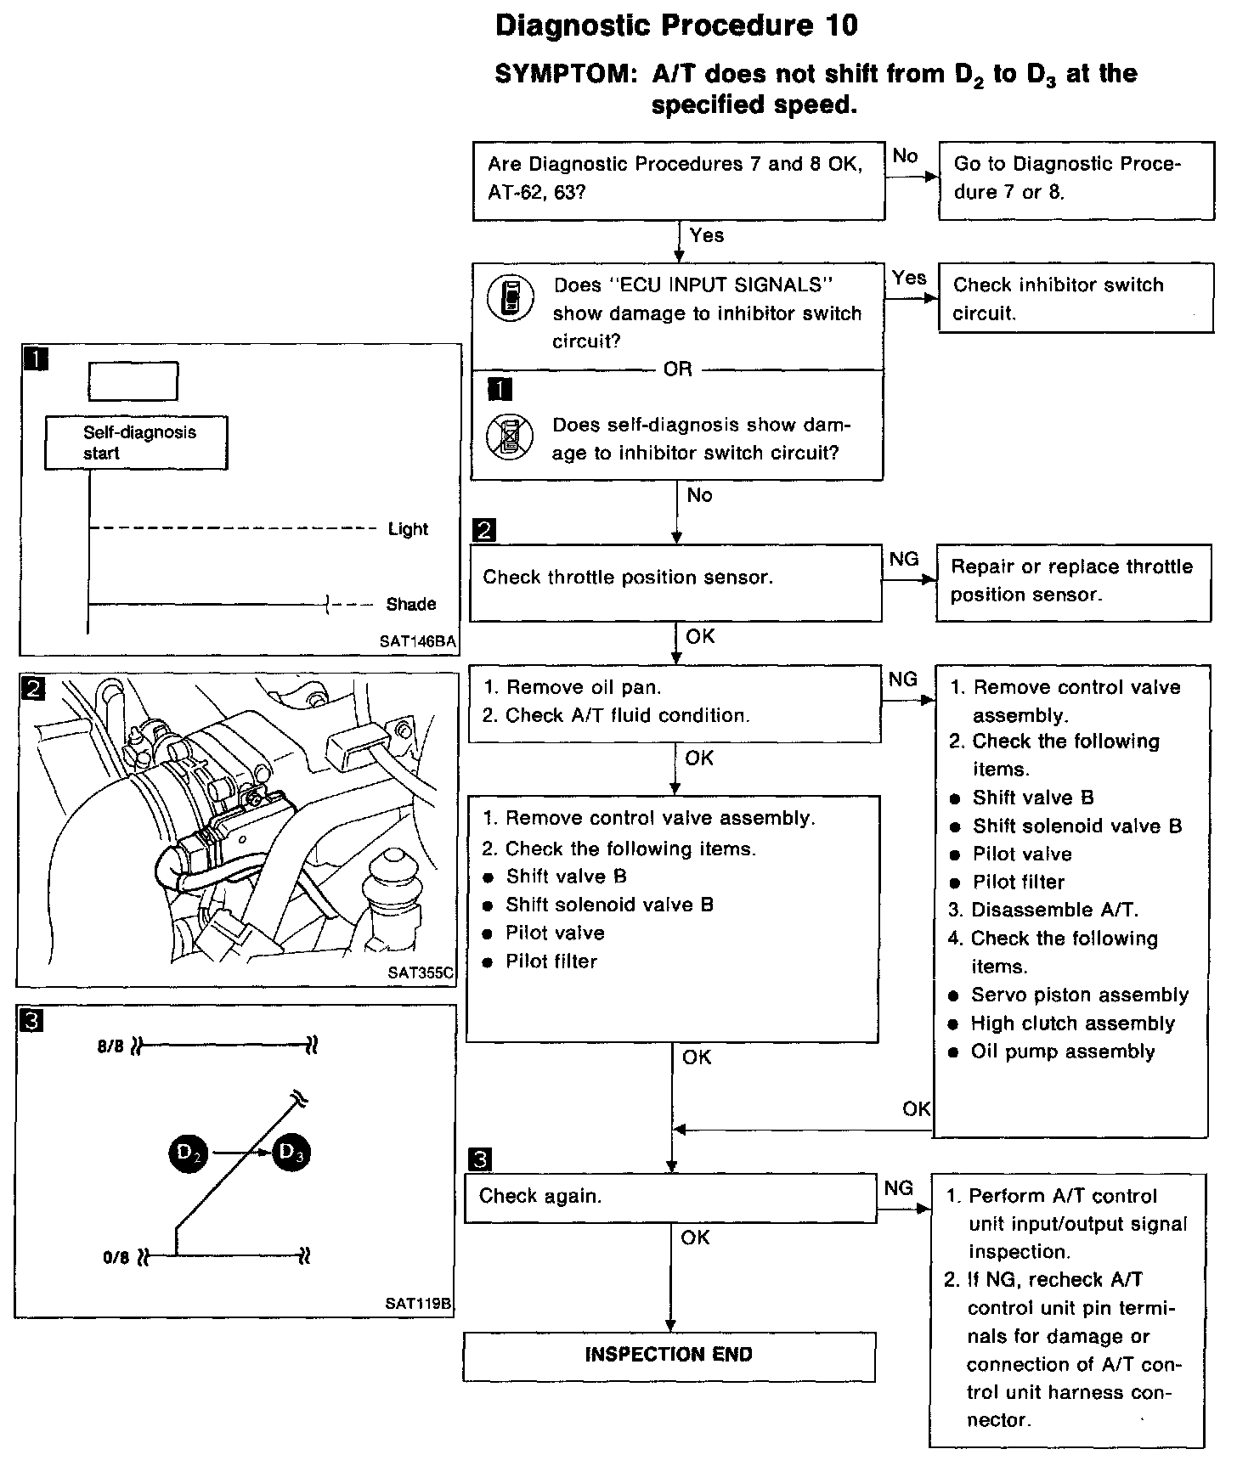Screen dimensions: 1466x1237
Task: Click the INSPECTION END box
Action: (669, 1355)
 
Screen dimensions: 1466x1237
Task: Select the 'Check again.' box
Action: (670, 1197)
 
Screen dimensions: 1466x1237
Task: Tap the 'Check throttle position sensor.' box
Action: (675, 582)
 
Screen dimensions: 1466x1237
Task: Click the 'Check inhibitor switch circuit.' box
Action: (1076, 298)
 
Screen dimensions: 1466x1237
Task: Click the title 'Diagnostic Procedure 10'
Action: (676, 25)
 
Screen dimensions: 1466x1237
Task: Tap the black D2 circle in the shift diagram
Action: (189, 1153)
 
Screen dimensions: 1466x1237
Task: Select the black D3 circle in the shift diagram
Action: (292, 1153)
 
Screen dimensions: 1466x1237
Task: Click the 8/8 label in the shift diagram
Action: (110, 1046)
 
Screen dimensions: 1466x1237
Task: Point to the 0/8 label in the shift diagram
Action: (116, 1257)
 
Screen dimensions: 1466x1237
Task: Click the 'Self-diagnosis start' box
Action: (136, 442)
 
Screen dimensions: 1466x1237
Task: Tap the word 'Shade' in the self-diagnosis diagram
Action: (411, 604)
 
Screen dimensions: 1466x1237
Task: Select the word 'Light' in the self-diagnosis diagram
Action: (408, 529)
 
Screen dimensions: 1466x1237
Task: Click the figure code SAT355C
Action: (421, 973)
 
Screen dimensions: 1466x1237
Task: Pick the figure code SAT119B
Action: (418, 1304)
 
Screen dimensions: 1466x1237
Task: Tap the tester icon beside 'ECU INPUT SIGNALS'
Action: (511, 297)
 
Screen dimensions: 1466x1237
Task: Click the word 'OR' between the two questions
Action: (677, 369)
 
